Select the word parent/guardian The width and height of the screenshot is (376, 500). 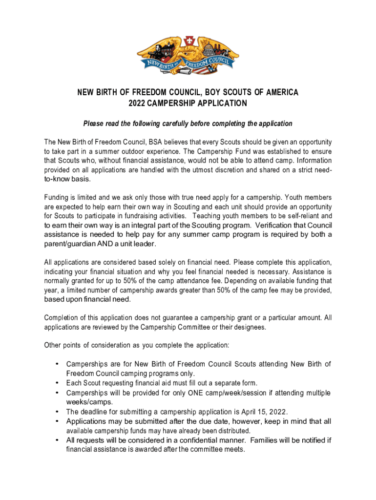tap(71, 244)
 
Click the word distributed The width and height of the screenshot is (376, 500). tap(231, 431)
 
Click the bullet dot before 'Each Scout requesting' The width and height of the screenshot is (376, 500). tap(58, 383)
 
